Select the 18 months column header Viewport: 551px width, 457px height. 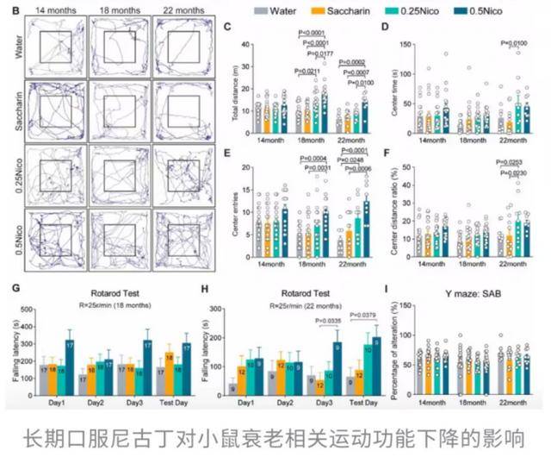(x=120, y=9)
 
